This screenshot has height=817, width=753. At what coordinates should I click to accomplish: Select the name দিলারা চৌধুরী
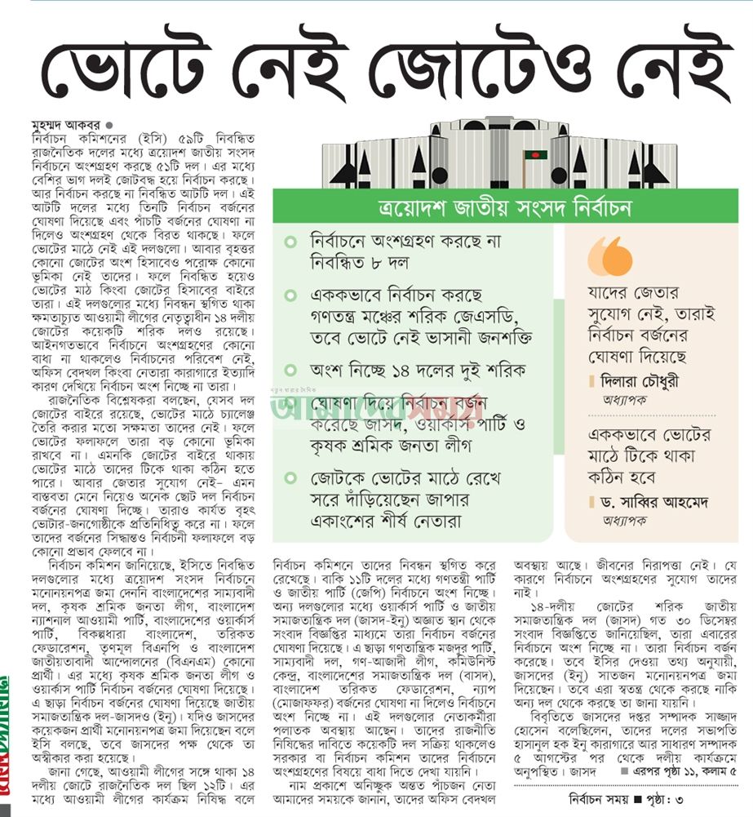[x=642, y=380]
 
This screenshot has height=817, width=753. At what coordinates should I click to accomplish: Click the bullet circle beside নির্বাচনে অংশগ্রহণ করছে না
[x=291, y=242]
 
